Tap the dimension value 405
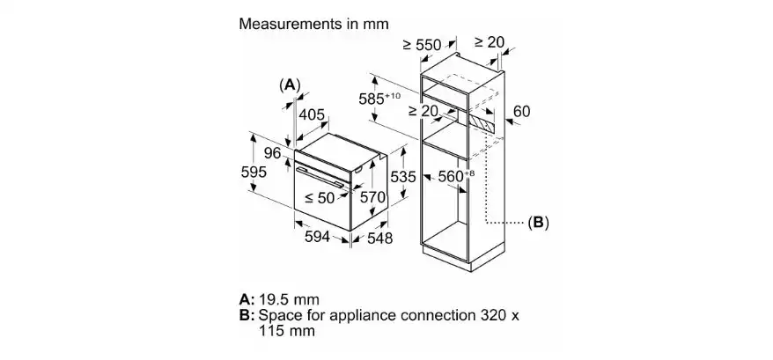click(x=313, y=114)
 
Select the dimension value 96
click(x=274, y=153)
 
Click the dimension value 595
click(x=254, y=173)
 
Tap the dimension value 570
click(x=373, y=198)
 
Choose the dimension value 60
click(x=521, y=113)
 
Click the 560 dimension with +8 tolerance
click(x=453, y=176)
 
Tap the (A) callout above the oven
click(x=290, y=84)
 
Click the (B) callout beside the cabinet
click(x=538, y=224)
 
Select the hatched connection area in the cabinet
click(x=482, y=121)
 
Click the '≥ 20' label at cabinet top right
click(x=489, y=42)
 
